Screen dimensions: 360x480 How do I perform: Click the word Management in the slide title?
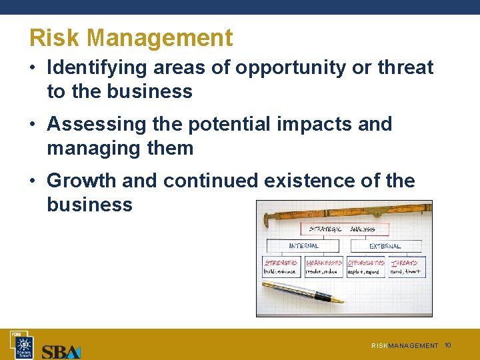pyautogui.click(x=160, y=38)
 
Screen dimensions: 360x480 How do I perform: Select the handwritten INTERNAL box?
pyautogui.click(x=304, y=246)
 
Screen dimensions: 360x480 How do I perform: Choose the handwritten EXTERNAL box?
pyautogui.click(x=385, y=246)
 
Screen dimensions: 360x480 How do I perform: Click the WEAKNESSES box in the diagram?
pyautogui.click(x=324, y=267)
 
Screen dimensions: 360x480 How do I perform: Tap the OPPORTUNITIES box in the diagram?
pyautogui.click(x=365, y=267)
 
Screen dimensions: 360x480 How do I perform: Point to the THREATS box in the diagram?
pyautogui.click(x=405, y=267)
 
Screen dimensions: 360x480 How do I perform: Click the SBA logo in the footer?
pyautogui.click(x=61, y=351)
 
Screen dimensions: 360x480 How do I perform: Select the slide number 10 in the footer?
pyautogui.click(x=448, y=345)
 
